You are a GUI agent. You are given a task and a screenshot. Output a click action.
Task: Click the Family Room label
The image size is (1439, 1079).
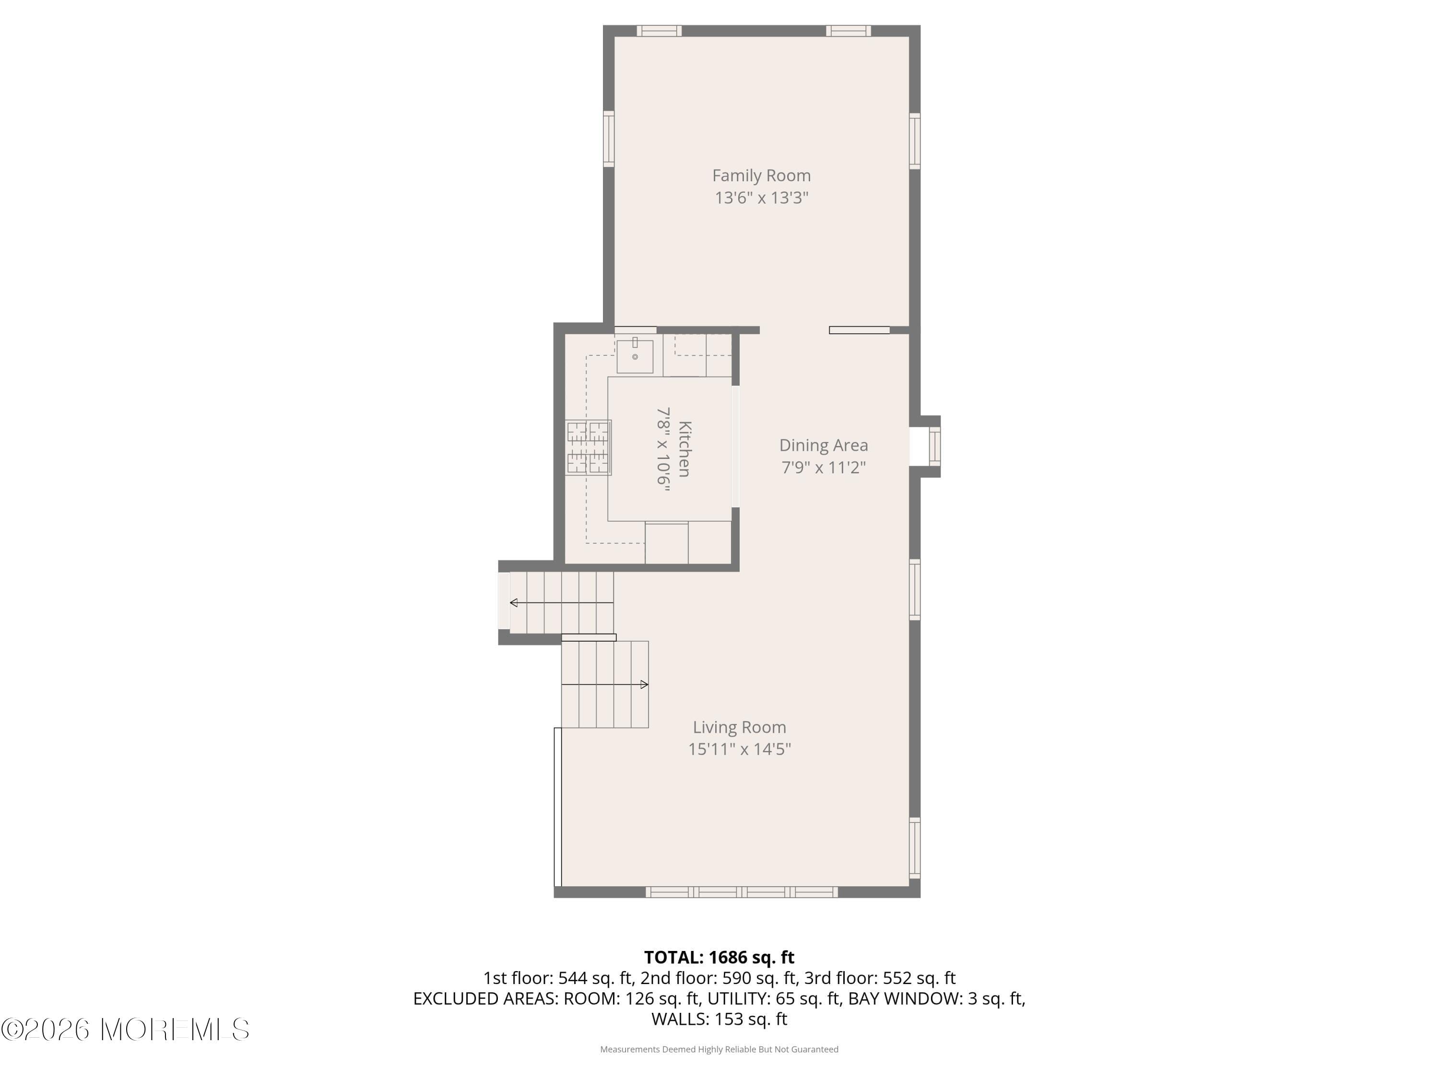761,176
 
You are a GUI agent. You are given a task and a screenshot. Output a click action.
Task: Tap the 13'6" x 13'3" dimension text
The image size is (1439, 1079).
761,198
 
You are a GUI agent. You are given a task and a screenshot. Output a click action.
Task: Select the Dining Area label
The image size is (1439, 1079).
823,446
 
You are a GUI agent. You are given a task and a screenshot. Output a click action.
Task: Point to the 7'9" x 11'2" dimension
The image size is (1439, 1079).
823,468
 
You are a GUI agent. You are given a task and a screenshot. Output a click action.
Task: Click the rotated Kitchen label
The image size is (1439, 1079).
684,449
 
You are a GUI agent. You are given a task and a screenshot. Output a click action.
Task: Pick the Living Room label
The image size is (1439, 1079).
739,727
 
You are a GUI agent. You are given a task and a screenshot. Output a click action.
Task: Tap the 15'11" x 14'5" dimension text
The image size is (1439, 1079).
739,749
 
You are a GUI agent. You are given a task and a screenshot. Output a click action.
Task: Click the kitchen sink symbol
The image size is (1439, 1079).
634,356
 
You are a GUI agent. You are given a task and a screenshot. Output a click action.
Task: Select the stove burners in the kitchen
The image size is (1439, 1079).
588,447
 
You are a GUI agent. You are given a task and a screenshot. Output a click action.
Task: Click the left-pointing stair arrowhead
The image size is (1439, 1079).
514,603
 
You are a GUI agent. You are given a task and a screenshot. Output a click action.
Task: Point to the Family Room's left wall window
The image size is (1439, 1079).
608,139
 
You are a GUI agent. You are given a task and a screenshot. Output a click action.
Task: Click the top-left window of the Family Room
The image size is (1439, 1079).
659,31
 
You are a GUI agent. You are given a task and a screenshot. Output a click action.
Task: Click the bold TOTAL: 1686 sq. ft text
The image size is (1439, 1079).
719,957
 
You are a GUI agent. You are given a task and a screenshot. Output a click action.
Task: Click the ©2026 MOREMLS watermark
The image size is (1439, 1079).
125,1030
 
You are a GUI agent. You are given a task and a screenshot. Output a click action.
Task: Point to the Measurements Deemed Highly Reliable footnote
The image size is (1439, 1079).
719,1049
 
